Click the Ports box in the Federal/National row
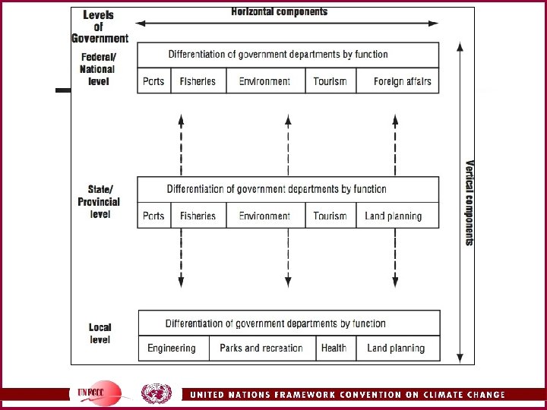(153, 81)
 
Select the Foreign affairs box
(402, 81)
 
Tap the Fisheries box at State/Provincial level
(198, 216)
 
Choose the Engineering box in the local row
(172, 348)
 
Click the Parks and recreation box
(261, 348)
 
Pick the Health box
(334, 348)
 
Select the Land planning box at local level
(396, 348)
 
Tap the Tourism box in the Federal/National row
(330, 81)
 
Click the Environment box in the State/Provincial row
(264, 216)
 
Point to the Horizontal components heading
(280, 11)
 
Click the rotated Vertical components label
(470, 202)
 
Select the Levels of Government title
(100, 27)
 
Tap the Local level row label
(100, 333)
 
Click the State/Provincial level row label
(99, 202)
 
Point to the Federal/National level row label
(98, 69)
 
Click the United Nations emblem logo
(157, 393)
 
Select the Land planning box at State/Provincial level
(393, 216)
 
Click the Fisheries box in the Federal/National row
(198, 81)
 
